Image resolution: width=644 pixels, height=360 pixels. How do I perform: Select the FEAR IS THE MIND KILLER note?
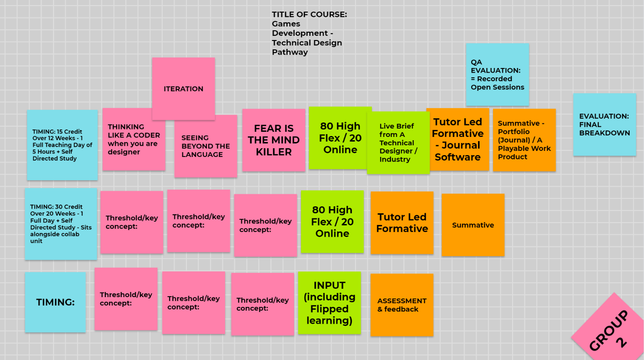coord(274,140)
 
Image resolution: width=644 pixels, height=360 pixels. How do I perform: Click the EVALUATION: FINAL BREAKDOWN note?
coord(604,124)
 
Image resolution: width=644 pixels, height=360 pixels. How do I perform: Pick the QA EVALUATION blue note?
coord(497,75)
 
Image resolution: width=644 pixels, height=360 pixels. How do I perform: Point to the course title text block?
coord(309,33)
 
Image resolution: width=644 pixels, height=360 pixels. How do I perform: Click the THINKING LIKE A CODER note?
coord(134,139)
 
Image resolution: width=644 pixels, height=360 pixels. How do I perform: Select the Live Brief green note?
coord(398,143)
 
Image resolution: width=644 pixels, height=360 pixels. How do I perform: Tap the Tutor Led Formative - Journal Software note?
coord(457,139)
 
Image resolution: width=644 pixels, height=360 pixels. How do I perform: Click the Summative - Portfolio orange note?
coord(524,140)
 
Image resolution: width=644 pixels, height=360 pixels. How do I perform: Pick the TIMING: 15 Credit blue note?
coord(62,145)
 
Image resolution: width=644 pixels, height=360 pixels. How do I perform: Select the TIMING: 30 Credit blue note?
coord(61,224)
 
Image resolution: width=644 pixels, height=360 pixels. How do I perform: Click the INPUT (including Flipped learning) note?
coord(329,303)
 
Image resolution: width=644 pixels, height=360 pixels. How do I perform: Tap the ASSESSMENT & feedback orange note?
coord(402,305)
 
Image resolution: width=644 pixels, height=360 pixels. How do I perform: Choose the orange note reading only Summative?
coord(473,225)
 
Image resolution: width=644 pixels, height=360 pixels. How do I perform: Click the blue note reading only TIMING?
coord(55,302)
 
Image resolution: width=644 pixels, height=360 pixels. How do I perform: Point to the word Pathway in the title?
coord(290,52)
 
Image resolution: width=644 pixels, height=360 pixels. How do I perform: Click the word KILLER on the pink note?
coord(274,152)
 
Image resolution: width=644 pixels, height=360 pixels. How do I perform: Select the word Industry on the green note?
coord(395,159)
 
